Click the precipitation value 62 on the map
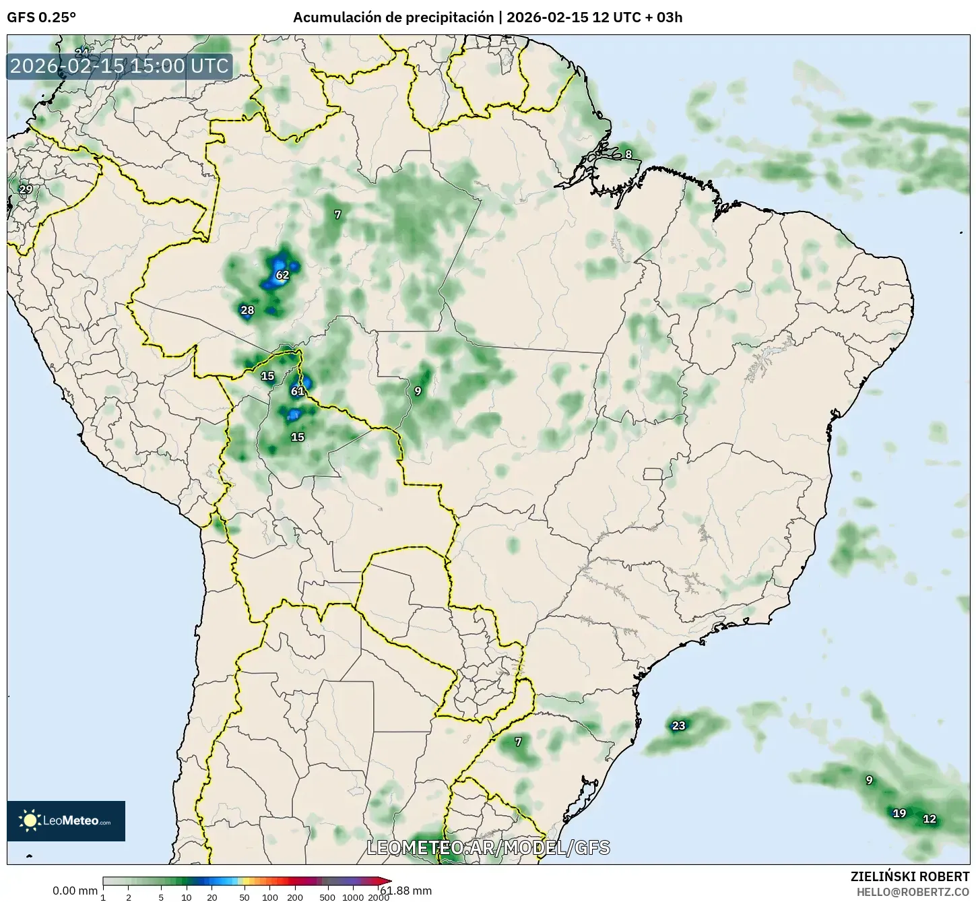pyautogui.click(x=282, y=275)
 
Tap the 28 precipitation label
pyautogui.click(x=247, y=310)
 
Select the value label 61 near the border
pyautogui.click(x=298, y=391)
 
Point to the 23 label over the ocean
pyautogui.click(x=678, y=726)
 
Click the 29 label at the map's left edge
pyautogui.click(x=26, y=189)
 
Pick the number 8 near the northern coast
pyautogui.click(x=628, y=154)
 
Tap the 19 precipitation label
pyautogui.click(x=899, y=813)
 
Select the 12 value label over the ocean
pyautogui.click(x=930, y=819)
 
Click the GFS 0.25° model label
pyautogui.click(x=41, y=18)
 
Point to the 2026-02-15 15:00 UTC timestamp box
pyautogui.click(x=120, y=67)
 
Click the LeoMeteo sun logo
pyautogui.click(x=30, y=820)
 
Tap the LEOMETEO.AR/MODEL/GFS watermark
pyautogui.click(x=488, y=847)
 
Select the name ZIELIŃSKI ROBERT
pyautogui.click(x=910, y=876)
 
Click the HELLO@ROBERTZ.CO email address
pyautogui.click(x=913, y=891)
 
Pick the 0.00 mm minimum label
pyautogui.click(x=75, y=891)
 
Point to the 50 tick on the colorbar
pyautogui.click(x=245, y=897)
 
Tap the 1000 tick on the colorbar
pyautogui.click(x=353, y=897)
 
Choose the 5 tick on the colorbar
pyautogui.click(x=161, y=897)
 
